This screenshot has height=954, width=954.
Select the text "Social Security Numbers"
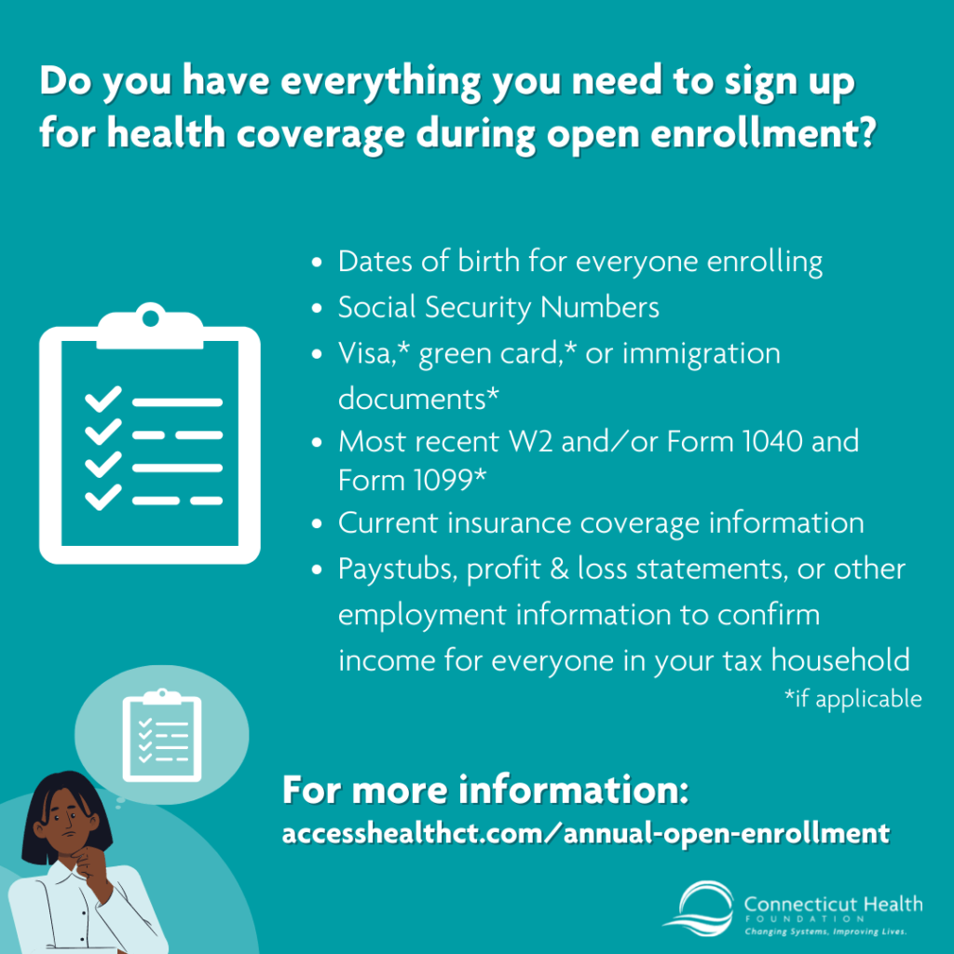click(498, 307)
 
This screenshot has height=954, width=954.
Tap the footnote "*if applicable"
click(853, 698)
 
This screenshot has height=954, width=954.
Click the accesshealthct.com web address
click(585, 832)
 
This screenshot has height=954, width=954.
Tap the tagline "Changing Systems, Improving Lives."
click(825, 931)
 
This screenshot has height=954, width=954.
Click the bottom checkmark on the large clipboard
click(103, 498)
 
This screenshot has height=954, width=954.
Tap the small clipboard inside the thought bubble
click(162, 734)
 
